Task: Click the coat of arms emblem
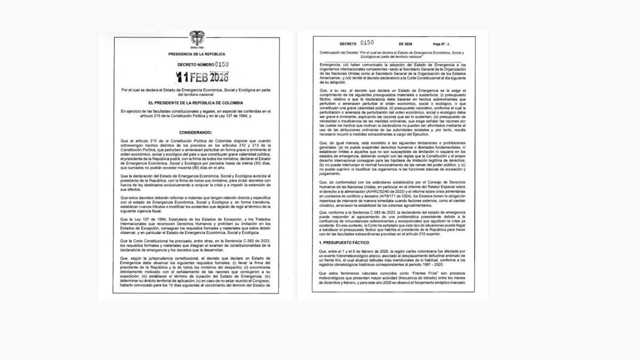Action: (x=196, y=38)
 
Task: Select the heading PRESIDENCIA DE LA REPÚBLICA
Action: (x=196, y=54)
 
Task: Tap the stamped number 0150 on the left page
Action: (x=218, y=65)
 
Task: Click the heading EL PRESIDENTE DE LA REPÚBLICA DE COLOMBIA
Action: (x=197, y=102)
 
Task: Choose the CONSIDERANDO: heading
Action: (x=197, y=132)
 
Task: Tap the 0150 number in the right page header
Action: (x=367, y=43)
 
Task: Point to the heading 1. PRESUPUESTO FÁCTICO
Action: (x=341, y=243)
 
